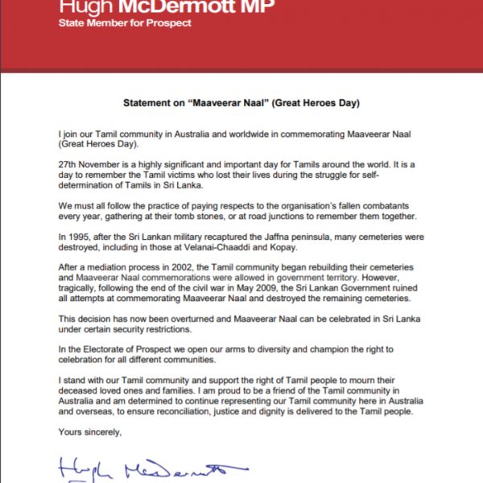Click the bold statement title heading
click(x=241, y=104)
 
